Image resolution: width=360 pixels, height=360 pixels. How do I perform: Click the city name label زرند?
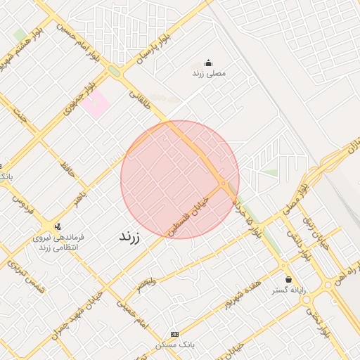129,237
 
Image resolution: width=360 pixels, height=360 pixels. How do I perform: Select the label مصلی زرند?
209,73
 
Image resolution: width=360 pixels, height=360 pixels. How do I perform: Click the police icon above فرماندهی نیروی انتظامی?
57,226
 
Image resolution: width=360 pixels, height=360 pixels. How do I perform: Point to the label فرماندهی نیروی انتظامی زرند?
58,243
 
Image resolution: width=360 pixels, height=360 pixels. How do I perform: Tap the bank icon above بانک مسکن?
174,333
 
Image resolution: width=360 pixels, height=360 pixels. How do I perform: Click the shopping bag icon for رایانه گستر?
288,279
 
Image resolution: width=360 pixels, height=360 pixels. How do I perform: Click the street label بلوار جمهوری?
79,99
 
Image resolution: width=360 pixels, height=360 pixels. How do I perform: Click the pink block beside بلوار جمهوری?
95,105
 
